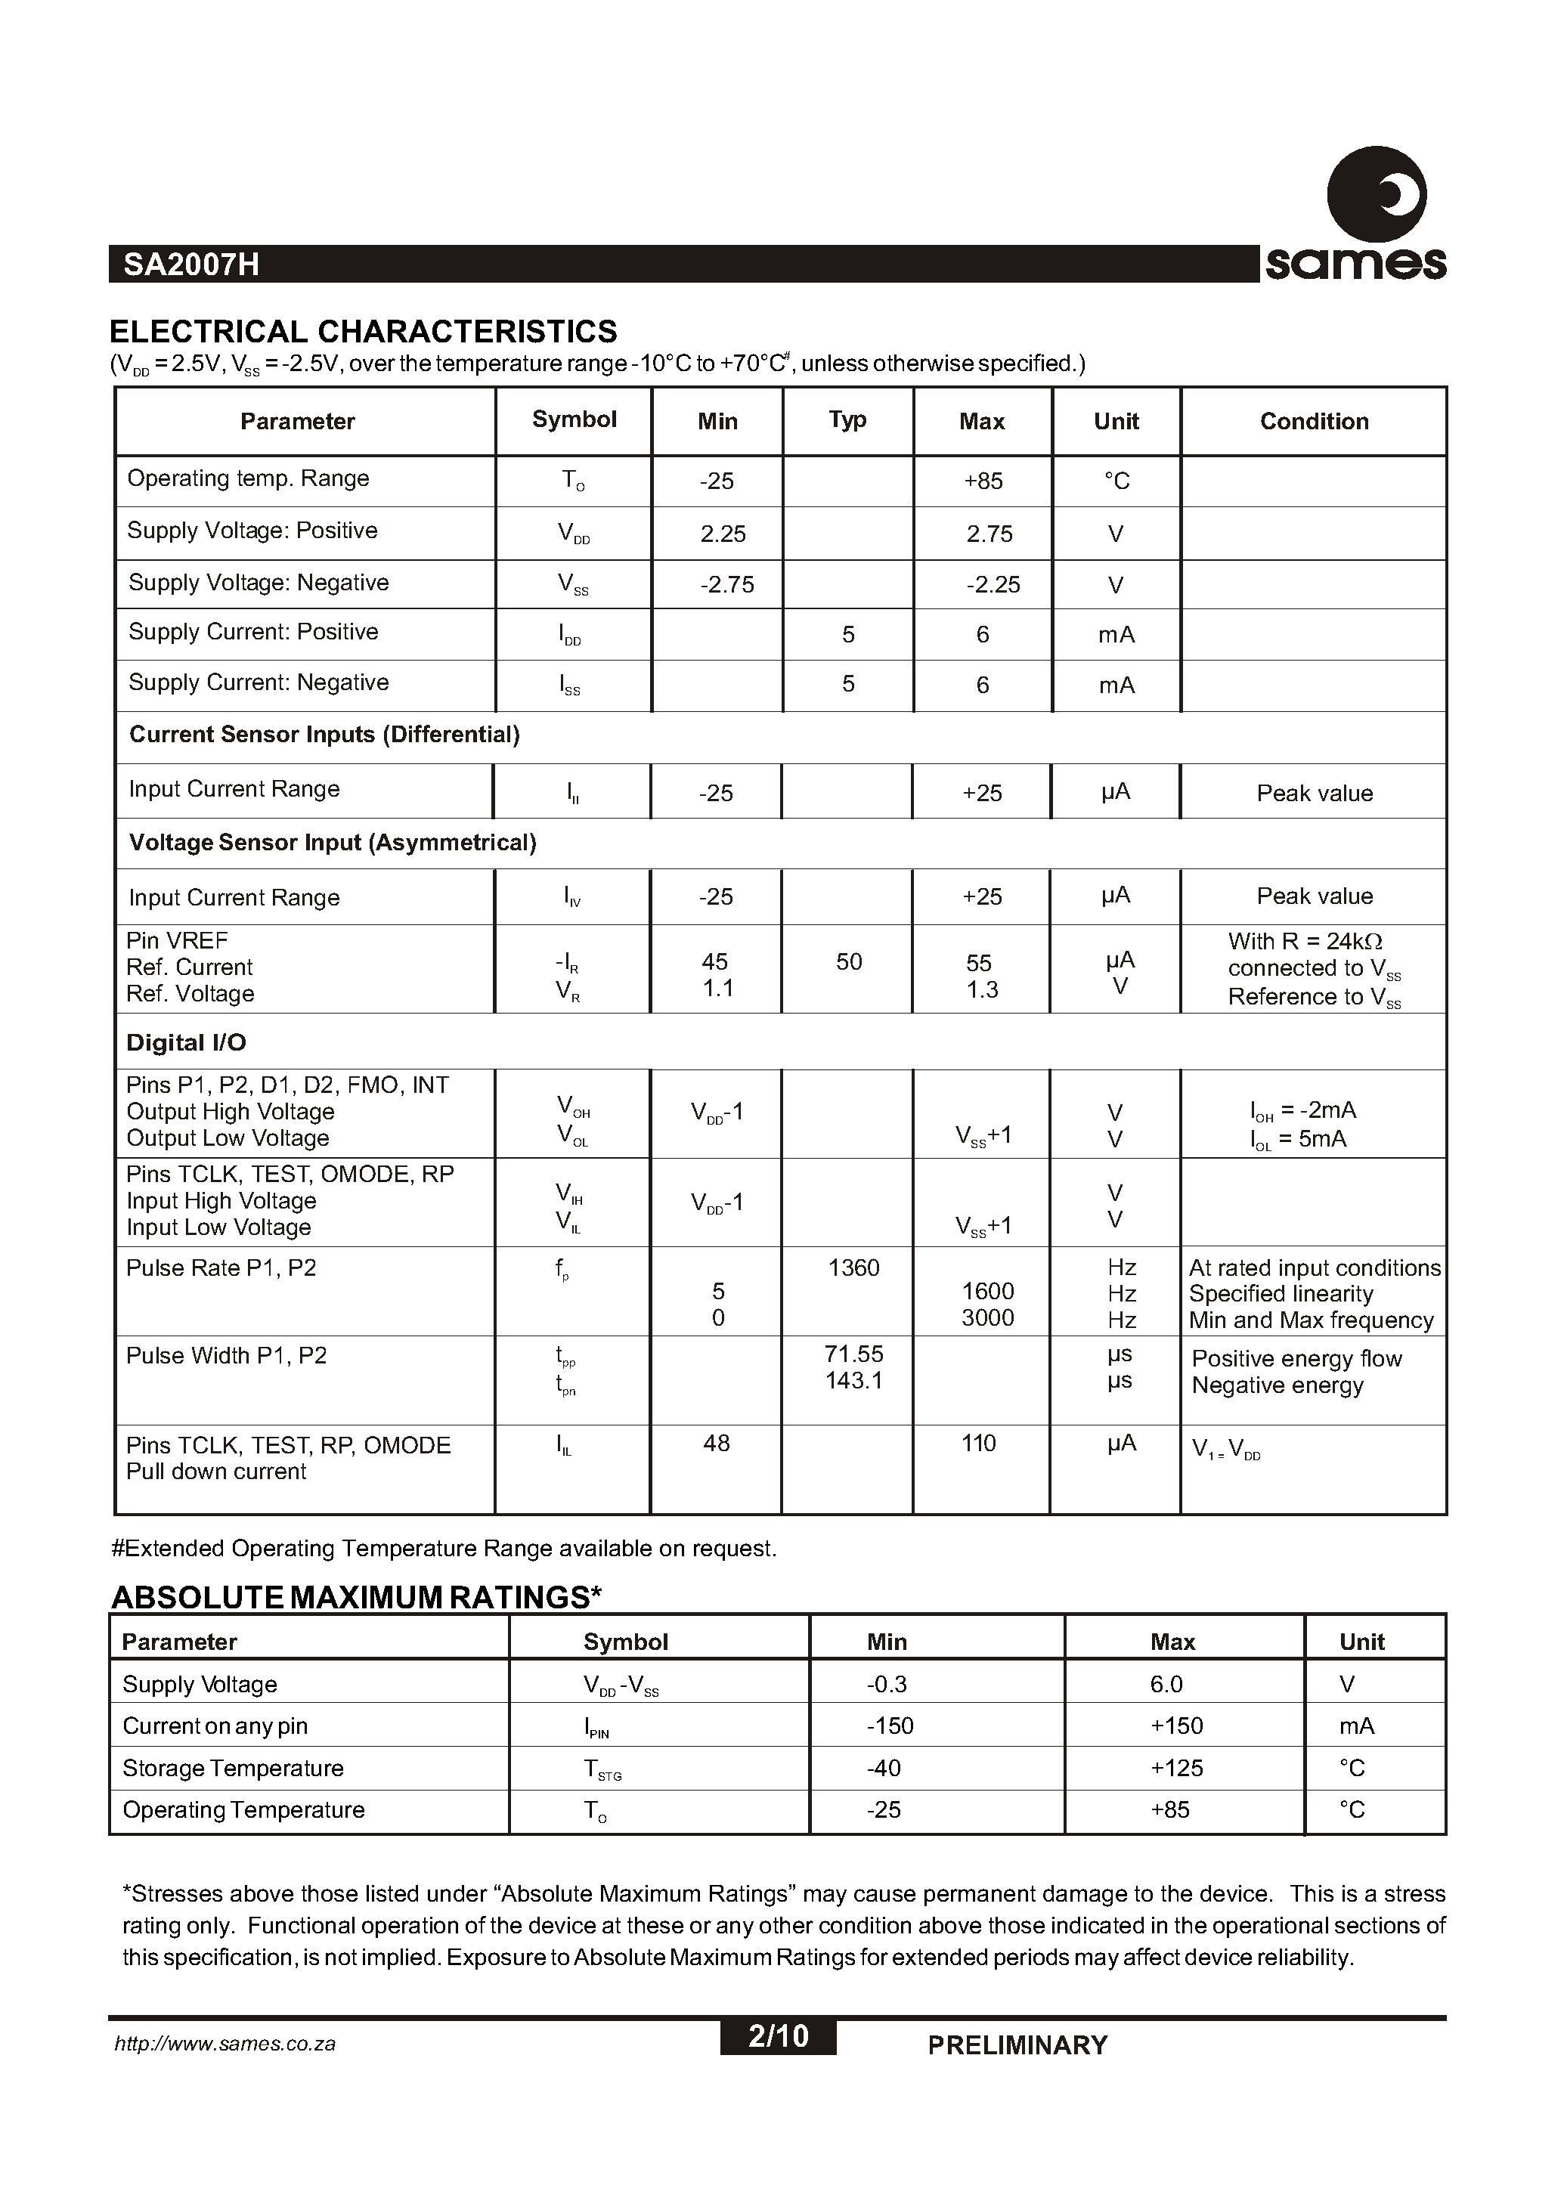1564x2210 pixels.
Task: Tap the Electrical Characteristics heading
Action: (363, 331)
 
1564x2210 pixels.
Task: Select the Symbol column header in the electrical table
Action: (574, 419)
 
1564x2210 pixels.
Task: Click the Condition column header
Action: (1314, 422)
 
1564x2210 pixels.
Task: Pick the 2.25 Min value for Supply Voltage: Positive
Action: (723, 534)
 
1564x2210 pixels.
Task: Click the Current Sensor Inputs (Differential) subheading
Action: (324, 735)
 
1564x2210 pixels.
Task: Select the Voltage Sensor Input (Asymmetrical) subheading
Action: (333, 843)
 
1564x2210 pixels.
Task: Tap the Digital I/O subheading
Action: (186, 1043)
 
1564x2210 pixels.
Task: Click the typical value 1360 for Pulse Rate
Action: (853, 1268)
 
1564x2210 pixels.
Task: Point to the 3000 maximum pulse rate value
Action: (987, 1318)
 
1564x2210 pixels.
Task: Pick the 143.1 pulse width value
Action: (853, 1381)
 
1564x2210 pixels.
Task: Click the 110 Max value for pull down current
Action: (978, 1444)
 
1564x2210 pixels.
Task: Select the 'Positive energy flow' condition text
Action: (1296, 1359)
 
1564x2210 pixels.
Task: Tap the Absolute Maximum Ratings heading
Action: (356, 1598)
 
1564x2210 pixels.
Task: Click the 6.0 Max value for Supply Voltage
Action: (1166, 1684)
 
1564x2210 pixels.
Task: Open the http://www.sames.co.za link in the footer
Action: (225, 2044)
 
